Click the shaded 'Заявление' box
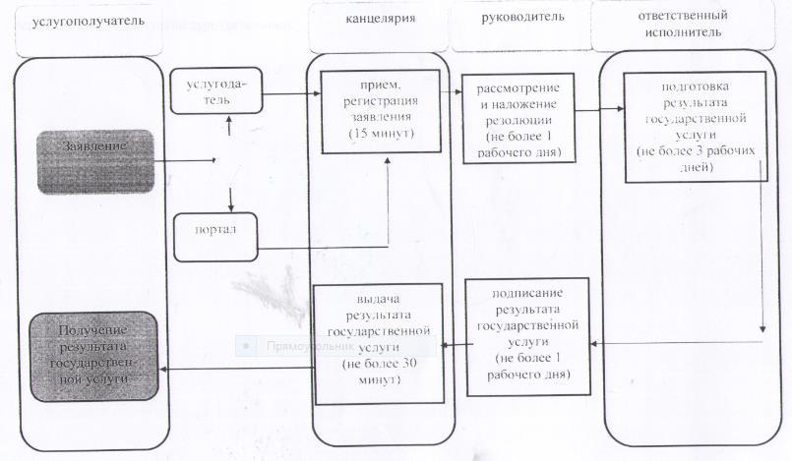(95, 161)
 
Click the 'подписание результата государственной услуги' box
(526, 335)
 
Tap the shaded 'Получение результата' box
(94, 356)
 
